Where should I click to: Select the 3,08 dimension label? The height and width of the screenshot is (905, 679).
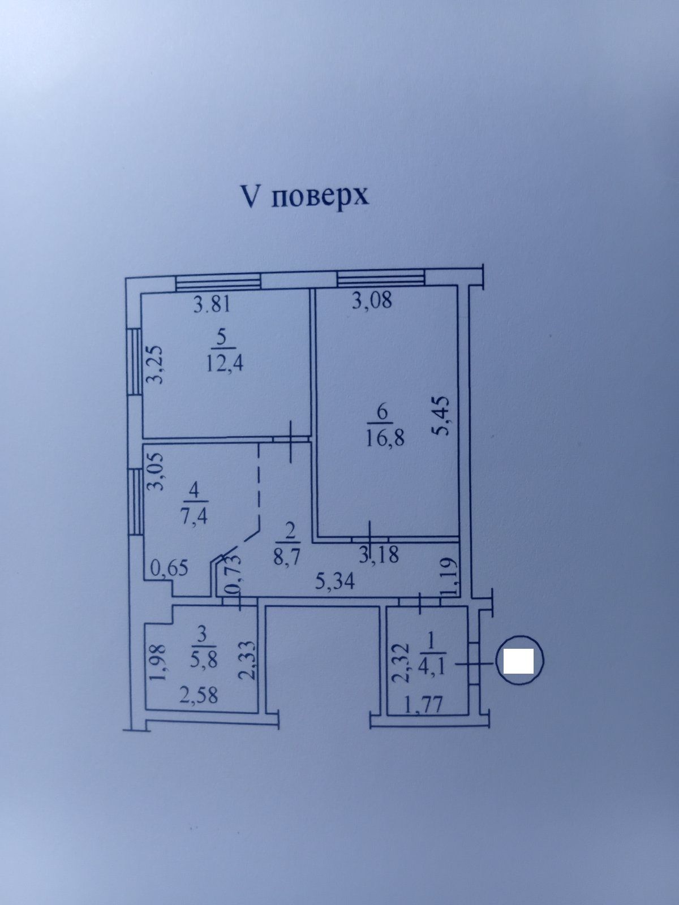click(371, 301)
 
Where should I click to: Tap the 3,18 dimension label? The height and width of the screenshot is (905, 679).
click(379, 555)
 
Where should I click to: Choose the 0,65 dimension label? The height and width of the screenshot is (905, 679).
click(169, 568)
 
